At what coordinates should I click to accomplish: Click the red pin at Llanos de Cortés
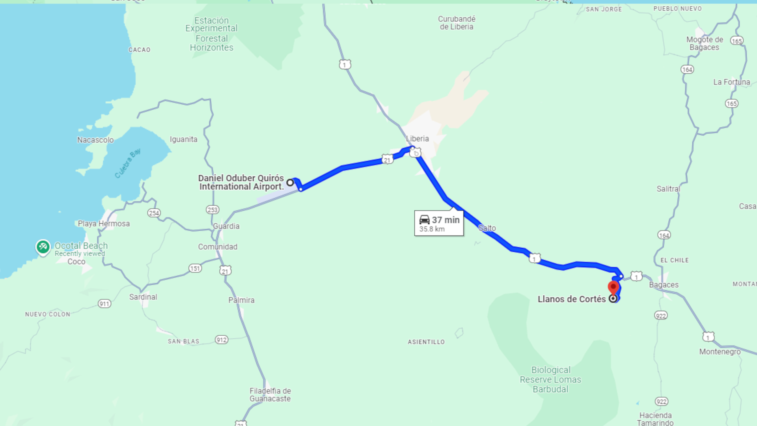tap(613, 287)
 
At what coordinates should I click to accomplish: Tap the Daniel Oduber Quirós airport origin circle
tap(290, 182)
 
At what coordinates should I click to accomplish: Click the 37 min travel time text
tap(446, 220)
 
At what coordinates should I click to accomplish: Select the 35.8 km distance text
tap(432, 229)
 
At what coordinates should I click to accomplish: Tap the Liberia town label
tap(417, 138)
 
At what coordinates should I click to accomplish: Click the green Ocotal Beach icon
tap(43, 247)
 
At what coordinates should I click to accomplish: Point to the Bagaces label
tap(664, 285)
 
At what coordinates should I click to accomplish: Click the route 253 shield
tap(213, 210)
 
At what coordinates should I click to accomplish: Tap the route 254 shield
tap(154, 213)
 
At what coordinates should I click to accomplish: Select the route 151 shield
tap(195, 268)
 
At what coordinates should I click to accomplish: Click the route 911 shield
tap(104, 304)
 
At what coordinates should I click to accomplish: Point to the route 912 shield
tap(222, 340)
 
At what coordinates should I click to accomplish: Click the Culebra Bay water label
tap(127, 163)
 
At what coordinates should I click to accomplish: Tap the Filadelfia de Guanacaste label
tap(270, 395)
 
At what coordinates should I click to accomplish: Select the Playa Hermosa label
tap(104, 224)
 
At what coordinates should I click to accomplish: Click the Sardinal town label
tap(143, 297)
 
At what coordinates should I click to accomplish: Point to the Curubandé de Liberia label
tap(457, 23)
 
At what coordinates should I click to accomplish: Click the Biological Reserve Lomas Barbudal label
tap(550, 379)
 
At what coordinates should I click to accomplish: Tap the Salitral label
tap(668, 189)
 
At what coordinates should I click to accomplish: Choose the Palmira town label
tap(241, 300)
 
